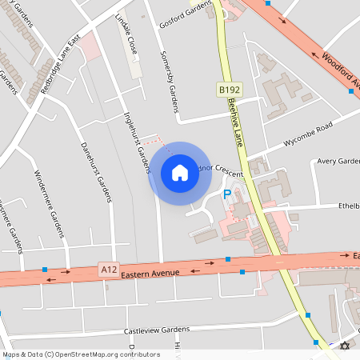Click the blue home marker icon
[180, 173]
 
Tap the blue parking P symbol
[226, 194]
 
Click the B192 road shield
[228, 92]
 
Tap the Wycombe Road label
[301, 133]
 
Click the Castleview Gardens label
[157, 330]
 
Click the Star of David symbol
[346, 346]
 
